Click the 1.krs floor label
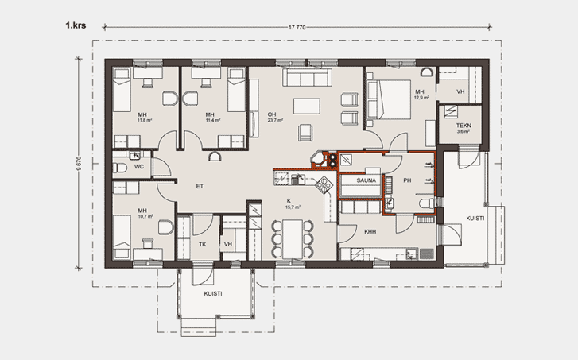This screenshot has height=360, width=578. [x=76, y=25]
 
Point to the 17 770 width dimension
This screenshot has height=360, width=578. [x=297, y=27]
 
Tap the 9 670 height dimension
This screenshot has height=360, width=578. [x=79, y=164]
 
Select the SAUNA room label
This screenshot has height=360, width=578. [x=366, y=180]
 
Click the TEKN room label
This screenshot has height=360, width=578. [x=464, y=126]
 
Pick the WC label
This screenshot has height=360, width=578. [x=139, y=167]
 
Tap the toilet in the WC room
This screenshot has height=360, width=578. [x=119, y=168]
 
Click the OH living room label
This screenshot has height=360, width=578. [x=272, y=114]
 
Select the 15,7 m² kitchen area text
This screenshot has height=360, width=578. [x=293, y=207]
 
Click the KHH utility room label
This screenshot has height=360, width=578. [x=370, y=232]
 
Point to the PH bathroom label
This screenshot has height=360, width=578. [x=407, y=180]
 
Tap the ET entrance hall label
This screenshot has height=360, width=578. [x=200, y=186]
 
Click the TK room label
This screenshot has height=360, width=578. [x=203, y=244]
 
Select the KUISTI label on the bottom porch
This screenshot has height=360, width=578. [x=213, y=294]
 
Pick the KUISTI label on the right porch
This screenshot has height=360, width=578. [x=475, y=218]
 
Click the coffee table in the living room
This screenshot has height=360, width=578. [x=307, y=106]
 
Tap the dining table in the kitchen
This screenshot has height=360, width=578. [x=293, y=238]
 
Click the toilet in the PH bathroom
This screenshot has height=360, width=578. [x=428, y=203]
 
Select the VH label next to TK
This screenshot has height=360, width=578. [x=228, y=244]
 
